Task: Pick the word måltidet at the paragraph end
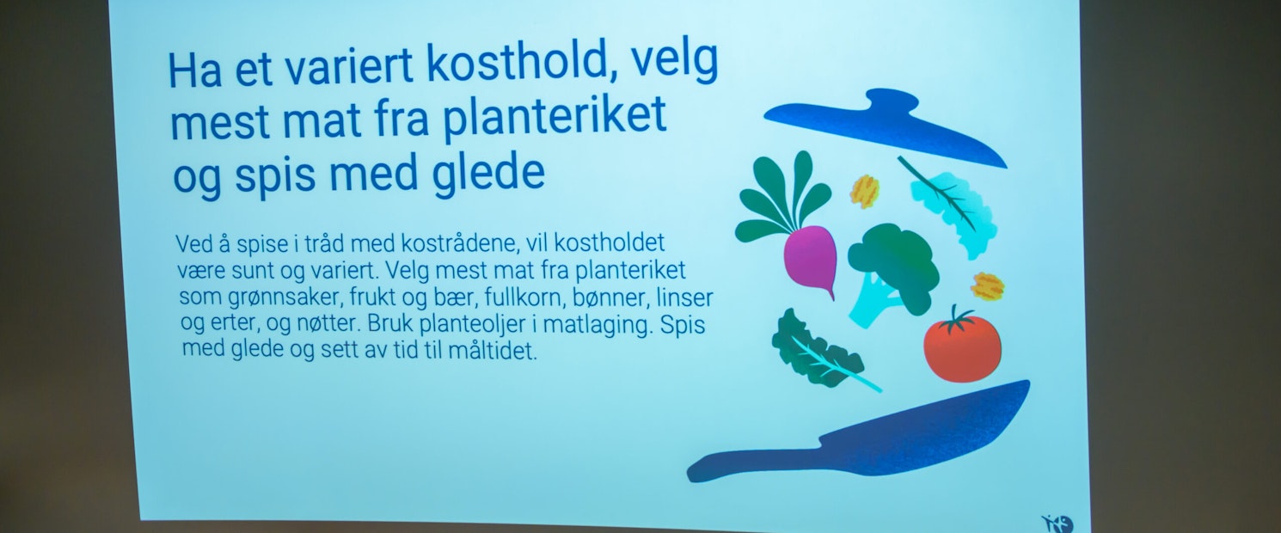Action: point(493,350)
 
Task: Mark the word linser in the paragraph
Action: point(684,297)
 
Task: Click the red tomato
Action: point(962,348)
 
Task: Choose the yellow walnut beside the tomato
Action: point(987,286)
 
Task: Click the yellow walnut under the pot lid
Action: point(864,191)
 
